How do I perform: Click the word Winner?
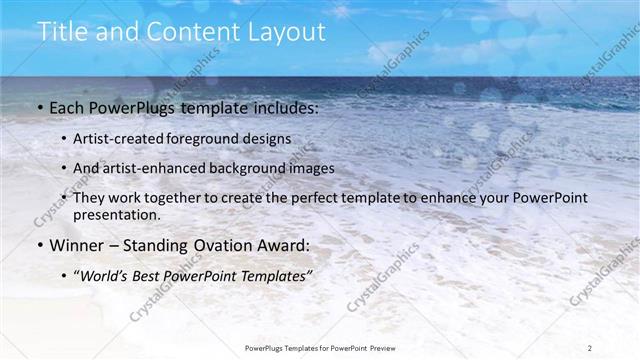(77, 245)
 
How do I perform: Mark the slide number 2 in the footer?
(591, 347)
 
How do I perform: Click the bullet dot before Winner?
(39, 246)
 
